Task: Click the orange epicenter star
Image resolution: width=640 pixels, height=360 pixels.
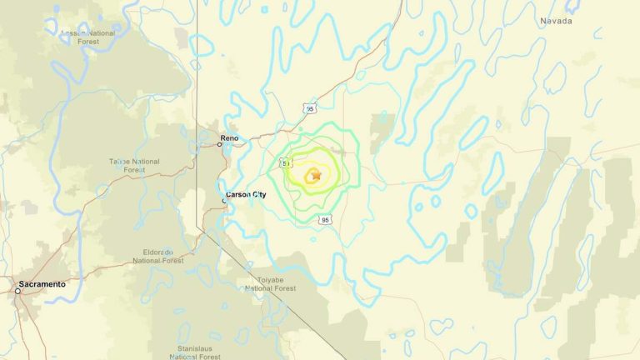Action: coord(316,175)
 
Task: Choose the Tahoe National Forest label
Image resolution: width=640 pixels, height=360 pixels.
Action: coord(133,165)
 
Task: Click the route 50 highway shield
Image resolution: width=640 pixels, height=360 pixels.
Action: coord(286,164)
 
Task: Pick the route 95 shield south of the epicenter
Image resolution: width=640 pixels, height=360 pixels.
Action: coord(325,220)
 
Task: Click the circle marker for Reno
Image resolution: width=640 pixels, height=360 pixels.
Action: coord(220,144)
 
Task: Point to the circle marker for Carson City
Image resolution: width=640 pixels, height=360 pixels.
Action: coord(224,200)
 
